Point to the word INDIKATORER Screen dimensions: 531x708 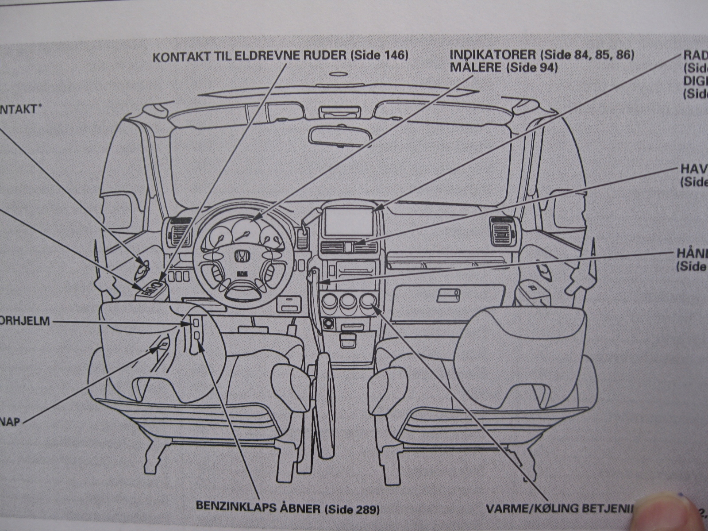pyautogui.click(x=493, y=55)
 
